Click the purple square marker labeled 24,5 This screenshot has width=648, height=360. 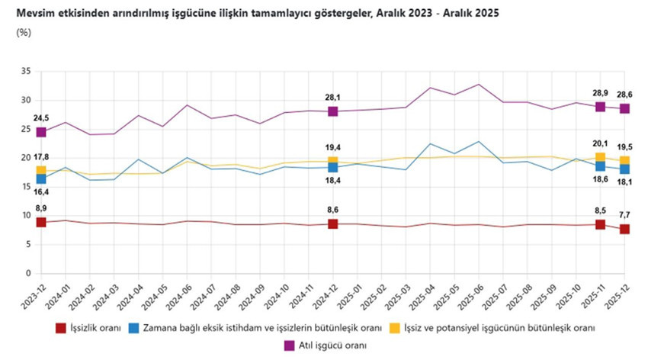point(41,132)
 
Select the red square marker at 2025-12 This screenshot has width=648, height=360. point(624,229)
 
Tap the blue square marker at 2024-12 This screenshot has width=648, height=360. point(332,167)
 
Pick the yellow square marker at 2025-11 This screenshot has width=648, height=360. point(600,158)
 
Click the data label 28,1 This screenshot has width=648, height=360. point(332,97)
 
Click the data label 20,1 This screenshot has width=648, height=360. point(600,143)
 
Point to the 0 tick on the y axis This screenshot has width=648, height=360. point(28,273)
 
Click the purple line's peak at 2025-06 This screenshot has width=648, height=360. point(479,84)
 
